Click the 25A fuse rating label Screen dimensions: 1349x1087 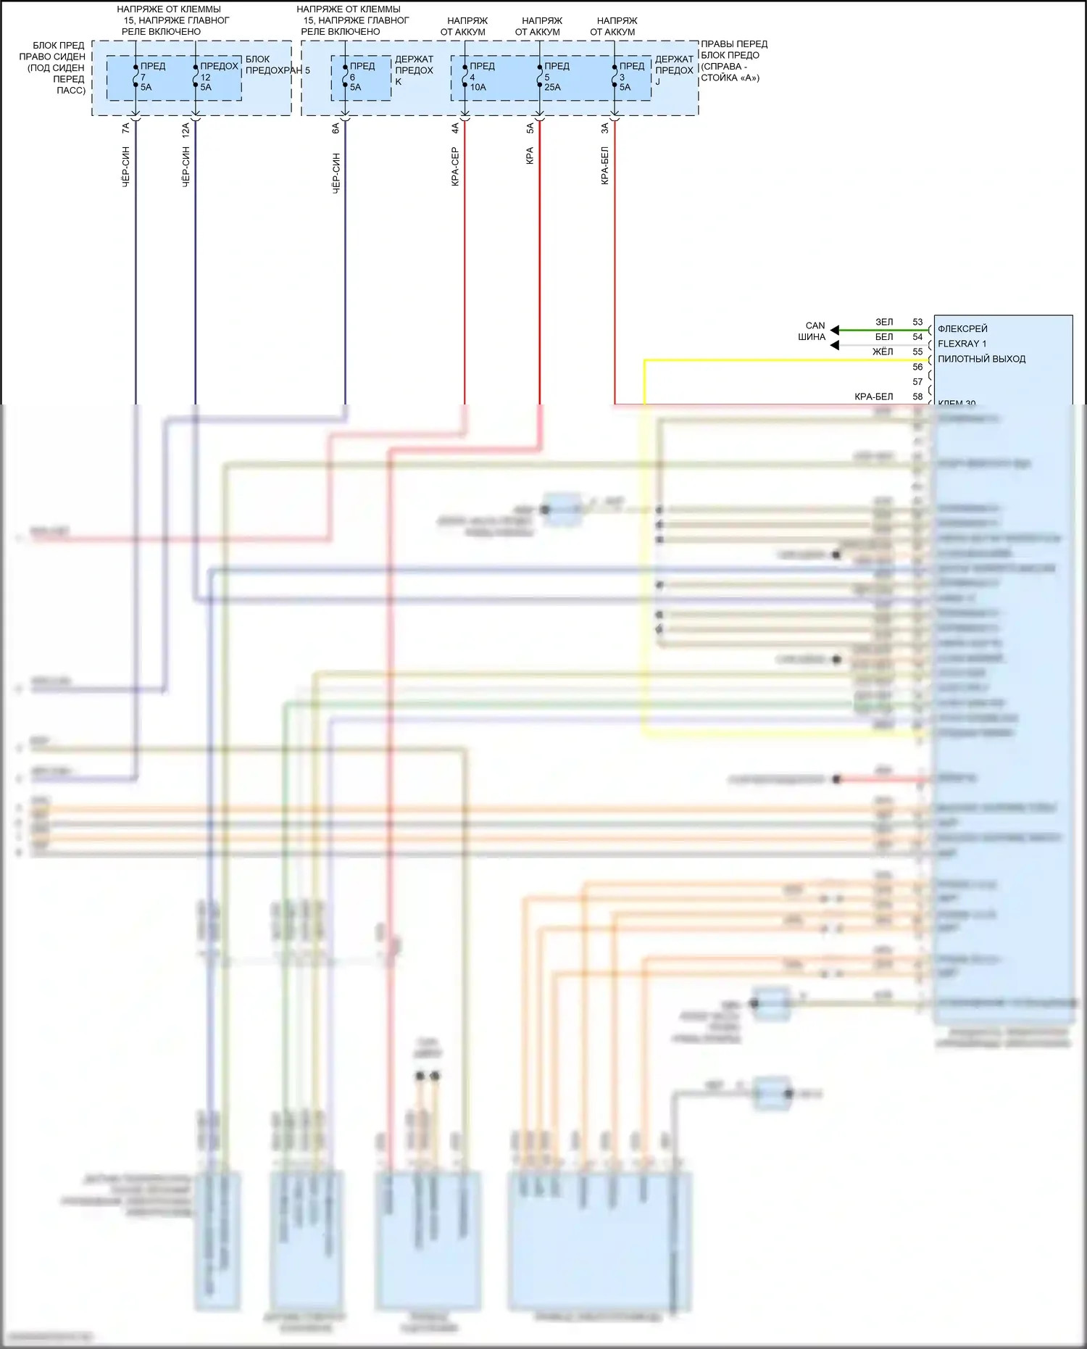pyautogui.click(x=552, y=87)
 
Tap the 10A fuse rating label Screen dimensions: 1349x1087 pyautogui.click(x=478, y=87)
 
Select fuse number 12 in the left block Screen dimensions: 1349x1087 pyautogui.click(x=205, y=77)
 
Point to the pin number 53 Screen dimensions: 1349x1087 pyautogui.click(x=917, y=322)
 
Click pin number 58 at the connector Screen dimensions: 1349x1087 pyautogui.click(x=917, y=397)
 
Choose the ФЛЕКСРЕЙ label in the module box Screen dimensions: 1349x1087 pyautogui.click(x=962, y=329)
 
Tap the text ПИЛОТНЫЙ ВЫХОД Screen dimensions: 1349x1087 pyautogui.click(x=981, y=359)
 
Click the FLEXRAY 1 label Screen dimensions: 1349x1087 pyautogui.click(x=962, y=344)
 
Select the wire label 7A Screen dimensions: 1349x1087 pyautogui.click(x=126, y=128)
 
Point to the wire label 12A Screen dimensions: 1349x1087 pyautogui.click(x=186, y=130)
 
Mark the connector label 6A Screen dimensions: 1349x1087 pyautogui.click(x=336, y=128)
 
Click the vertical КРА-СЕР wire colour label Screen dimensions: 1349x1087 pyautogui.click(x=455, y=167)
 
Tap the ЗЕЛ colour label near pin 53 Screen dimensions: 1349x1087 pyautogui.click(x=884, y=322)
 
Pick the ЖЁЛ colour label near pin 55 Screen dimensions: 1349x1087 pyautogui.click(x=883, y=352)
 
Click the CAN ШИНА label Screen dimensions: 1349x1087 pyautogui.click(x=813, y=331)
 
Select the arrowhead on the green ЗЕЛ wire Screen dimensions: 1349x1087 pyautogui.click(x=835, y=330)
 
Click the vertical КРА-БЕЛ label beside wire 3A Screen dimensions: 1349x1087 pyautogui.click(x=604, y=166)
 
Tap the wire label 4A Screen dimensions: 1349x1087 pyautogui.click(x=455, y=128)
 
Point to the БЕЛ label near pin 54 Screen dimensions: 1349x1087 pyautogui.click(x=884, y=337)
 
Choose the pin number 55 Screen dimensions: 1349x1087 pyautogui.click(x=917, y=352)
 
